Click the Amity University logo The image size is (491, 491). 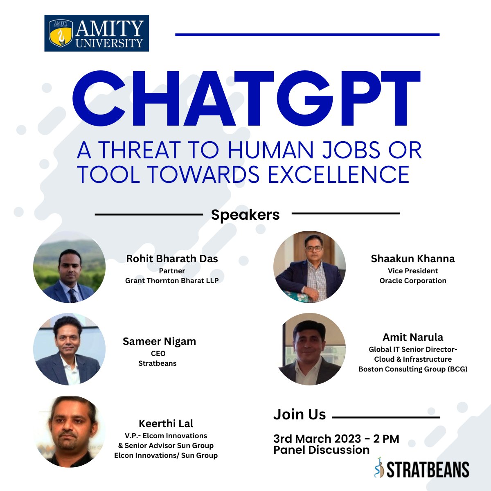pos(97,33)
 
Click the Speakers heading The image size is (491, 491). pos(245,215)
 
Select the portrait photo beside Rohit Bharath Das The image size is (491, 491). pos(69,267)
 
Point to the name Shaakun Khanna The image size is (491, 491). pos(412,259)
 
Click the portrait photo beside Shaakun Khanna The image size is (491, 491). pos(309,267)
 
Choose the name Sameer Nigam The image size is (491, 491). pos(159,341)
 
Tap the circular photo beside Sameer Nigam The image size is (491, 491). pos(69,349)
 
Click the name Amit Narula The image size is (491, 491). pos(412,337)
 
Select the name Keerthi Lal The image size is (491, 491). pos(166,423)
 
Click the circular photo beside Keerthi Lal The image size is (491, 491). pos(69,432)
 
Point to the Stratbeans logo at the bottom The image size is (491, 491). pos(421,469)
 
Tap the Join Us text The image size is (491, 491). pos(300,414)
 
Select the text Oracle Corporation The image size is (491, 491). pos(412,281)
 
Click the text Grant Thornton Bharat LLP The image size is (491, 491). pos(172,281)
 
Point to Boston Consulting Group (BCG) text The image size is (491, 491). pos(412,369)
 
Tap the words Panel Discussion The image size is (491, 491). pos(321,450)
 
